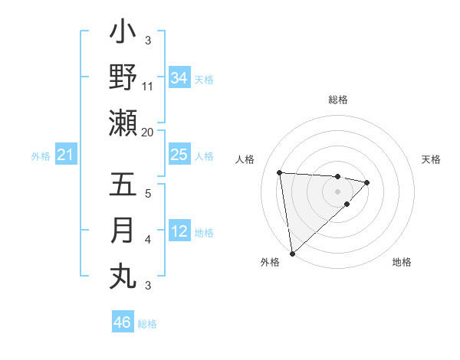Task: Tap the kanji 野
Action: click(x=123, y=77)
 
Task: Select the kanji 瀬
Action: click(x=123, y=123)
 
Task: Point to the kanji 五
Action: click(x=123, y=185)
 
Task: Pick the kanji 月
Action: click(x=123, y=231)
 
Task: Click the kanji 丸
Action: click(x=123, y=277)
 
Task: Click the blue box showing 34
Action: click(x=179, y=77)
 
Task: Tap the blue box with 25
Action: click(x=179, y=155)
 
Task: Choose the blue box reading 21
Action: click(x=65, y=155)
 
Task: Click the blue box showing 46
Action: click(x=122, y=322)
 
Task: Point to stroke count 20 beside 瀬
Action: click(x=148, y=132)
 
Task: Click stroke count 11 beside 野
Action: click(x=148, y=87)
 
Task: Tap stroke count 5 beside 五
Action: click(x=148, y=194)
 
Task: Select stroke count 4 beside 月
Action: click(x=148, y=240)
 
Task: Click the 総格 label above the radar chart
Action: click(x=338, y=100)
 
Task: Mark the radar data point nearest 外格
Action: click(x=292, y=253)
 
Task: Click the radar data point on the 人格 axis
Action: click(x=280, y=172)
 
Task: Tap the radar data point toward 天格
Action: click(x=367, y=182)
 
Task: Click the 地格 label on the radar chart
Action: click(x=402, y=262)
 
